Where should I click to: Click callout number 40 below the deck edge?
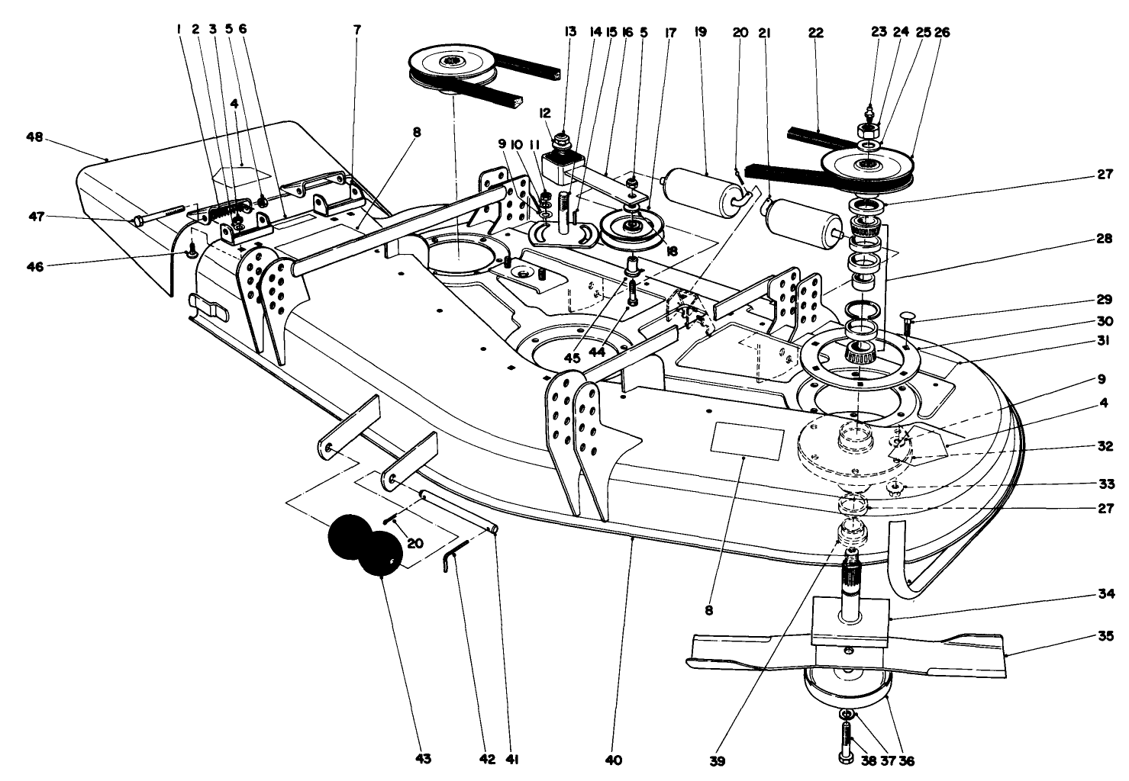[x=614, y=760]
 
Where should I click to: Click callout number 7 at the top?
[x=356, y=31]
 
